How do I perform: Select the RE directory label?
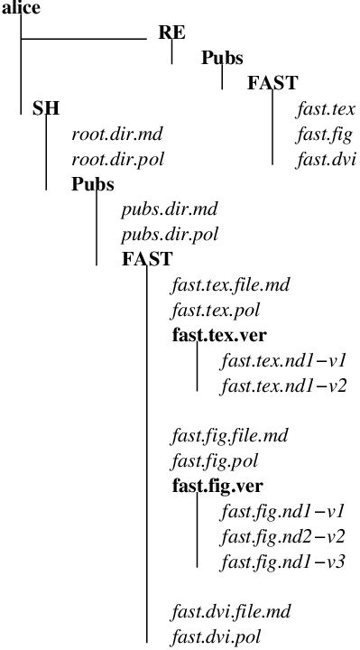pyautogui.click(x=172, y=33)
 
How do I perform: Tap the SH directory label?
pyautogui.click(x=46, y=109)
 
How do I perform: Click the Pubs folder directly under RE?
pyautogui.click(x=222, y=59)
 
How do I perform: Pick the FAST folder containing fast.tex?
pyautogui.click(x=272, y=84)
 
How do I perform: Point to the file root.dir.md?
pyautogui.click(x=116, y=135)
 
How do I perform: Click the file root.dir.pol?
pyautogui.click(x=117, y=160)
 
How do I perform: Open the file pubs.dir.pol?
pyautogui.click(x=170, y=235)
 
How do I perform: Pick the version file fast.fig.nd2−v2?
pyautogui.click(x=283, y=537)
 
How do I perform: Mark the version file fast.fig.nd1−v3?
pyautogui.click(x=283, y=562)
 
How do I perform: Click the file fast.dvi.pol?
pyautogui.click(x=217, y=637)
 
